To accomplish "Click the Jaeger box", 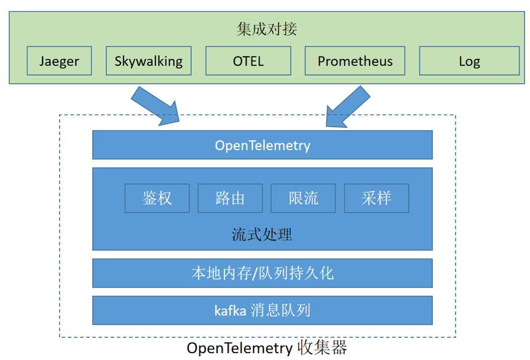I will (x=59, y=61).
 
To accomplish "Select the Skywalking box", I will (x=149, y=61).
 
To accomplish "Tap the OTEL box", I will (x=248, y=61).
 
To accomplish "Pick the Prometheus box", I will (x=355, y=61).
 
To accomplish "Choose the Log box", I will (x=469, y=61).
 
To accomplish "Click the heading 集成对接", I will (x=266, y=29).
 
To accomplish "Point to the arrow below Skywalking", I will (x=156, y=106).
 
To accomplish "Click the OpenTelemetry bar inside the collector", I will (x=263, y=145).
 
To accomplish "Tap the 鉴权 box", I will (x=157, y=198).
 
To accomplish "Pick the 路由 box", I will (x=230, y=198).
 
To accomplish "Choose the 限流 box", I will (x=303, y=198).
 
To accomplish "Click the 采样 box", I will (x=376, y=198).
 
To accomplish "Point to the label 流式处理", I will (x=262, y=234).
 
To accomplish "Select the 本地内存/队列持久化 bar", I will (x=263, y=273).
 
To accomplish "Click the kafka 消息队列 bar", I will (x=263, y=310).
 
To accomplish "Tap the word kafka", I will (x=231, y=311).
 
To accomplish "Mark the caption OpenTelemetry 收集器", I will (x=267, y=348).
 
